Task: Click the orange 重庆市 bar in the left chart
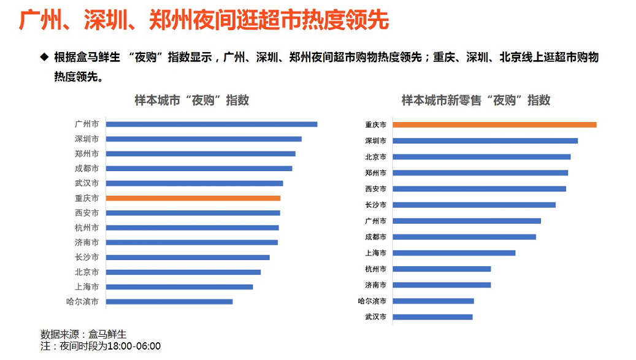pos(193,198)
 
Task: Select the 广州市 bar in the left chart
pos(212,124)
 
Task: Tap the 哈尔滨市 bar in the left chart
pos(169,301)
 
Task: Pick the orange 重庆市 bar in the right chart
pos(494,125)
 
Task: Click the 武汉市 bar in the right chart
pos(432,317)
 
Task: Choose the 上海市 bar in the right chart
pos(454,253)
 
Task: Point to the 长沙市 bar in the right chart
pos(474,205)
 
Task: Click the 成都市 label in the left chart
pos(86,169)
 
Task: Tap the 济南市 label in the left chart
pos(86,242)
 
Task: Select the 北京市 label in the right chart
pos(375,157)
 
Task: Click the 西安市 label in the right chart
pos(375,189)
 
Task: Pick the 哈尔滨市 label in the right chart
pos(372,301)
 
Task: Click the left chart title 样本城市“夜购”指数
pos(192,101)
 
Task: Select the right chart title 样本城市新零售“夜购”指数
pos(476,101)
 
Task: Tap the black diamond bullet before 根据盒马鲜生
pos(44,57)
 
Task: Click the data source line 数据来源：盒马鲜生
pos(83,334)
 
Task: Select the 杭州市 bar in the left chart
pos(192,228)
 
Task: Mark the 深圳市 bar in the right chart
pos(485,141)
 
